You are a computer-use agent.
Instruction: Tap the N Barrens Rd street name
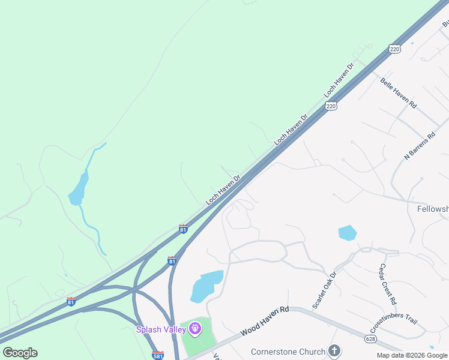pos(419,146)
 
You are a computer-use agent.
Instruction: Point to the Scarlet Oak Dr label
pos(325,290)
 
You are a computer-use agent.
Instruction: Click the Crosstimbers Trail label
pos(393,323)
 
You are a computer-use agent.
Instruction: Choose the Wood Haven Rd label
pos(265,322)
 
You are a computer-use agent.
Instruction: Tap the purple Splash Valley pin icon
pos(194,328)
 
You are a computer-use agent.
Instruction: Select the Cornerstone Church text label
pos(288,351)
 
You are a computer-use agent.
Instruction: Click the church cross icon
pos(334,351)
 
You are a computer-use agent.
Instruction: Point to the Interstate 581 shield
pos(158,355)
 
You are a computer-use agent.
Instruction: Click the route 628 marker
pos(370,339)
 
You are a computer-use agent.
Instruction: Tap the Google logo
pos(20,353)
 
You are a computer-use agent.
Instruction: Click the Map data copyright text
pos(412,356)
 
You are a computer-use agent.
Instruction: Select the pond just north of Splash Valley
pos(206,286)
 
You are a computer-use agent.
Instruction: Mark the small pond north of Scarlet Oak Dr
pos(347,232)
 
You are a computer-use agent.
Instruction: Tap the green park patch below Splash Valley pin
pos(198,342)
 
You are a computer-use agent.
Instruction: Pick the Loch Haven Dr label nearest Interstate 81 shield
pos(223,190)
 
